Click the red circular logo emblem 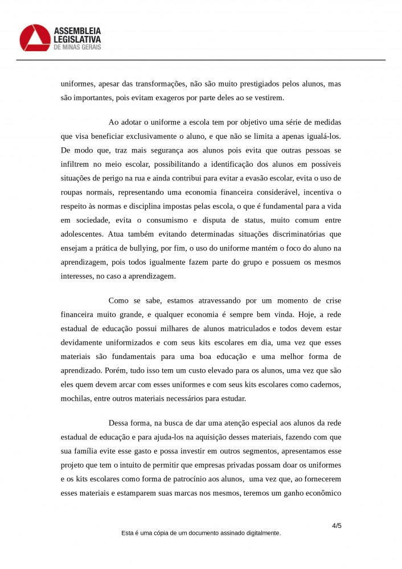[x=34, y=38]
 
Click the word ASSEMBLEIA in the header [x=77, y=30]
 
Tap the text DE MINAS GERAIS [x=77, y=48]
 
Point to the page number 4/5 [x=337, y=526]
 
